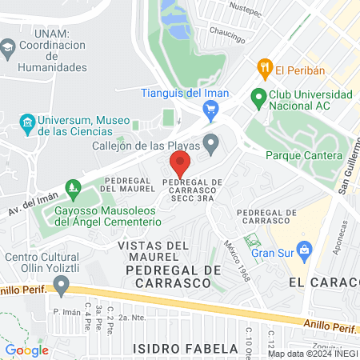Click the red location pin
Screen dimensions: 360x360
[x=180, y=164]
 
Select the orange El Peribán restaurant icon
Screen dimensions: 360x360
[x=262, y=70]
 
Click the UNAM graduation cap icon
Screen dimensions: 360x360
[x=9, y=47]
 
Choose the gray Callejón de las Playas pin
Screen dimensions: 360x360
[x=211, y=144]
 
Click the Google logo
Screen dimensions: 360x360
[x=26, y=350]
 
